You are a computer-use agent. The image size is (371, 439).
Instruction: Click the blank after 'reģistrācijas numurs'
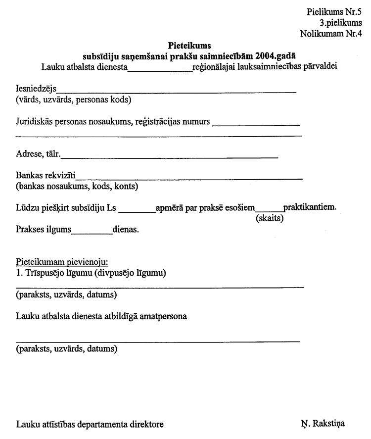[x=256, y=123]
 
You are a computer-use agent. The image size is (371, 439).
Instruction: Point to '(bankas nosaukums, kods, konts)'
[x=77, y=187]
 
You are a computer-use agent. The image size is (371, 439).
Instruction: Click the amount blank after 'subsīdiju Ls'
[x=138, y=210]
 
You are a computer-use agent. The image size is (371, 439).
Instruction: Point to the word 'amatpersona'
[x=166, y=317]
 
